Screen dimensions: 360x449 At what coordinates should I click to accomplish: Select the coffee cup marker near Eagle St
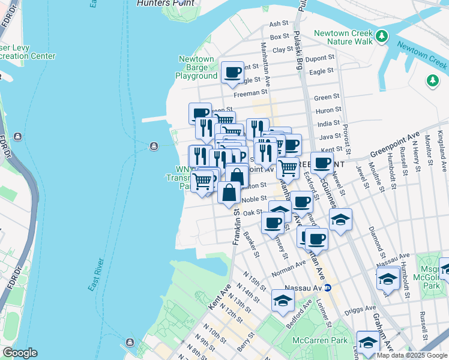click(x=232, y=73)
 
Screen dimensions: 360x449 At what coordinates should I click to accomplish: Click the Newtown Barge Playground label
click(x=196, y=68)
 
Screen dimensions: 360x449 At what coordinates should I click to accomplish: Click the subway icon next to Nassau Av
click(x=327, y=279)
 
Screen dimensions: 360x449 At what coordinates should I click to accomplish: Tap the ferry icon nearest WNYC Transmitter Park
click(x=154, y=145)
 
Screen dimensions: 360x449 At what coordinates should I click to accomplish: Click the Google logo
click(x=19, y=353)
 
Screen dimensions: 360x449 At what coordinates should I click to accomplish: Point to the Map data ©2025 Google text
click(x=412, y=355)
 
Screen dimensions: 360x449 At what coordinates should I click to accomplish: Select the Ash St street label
click(x=279, y=24)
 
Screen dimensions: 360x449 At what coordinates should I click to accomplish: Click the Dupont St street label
click(x=320, y=58)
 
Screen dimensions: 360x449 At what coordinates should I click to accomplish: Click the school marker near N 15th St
click(x=283, y=300)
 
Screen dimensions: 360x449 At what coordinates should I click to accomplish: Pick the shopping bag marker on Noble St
click(x=229, y=193)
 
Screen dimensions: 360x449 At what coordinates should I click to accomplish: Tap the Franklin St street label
click(x=237, y=226)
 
